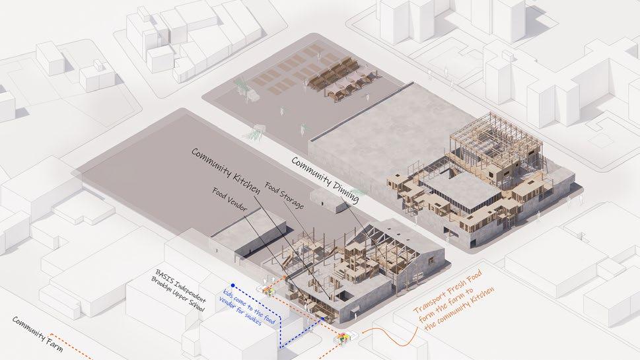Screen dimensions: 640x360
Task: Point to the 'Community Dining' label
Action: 326,180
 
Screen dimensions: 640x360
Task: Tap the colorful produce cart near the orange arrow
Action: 343,338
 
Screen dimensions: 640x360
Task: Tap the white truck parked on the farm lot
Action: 253,96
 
